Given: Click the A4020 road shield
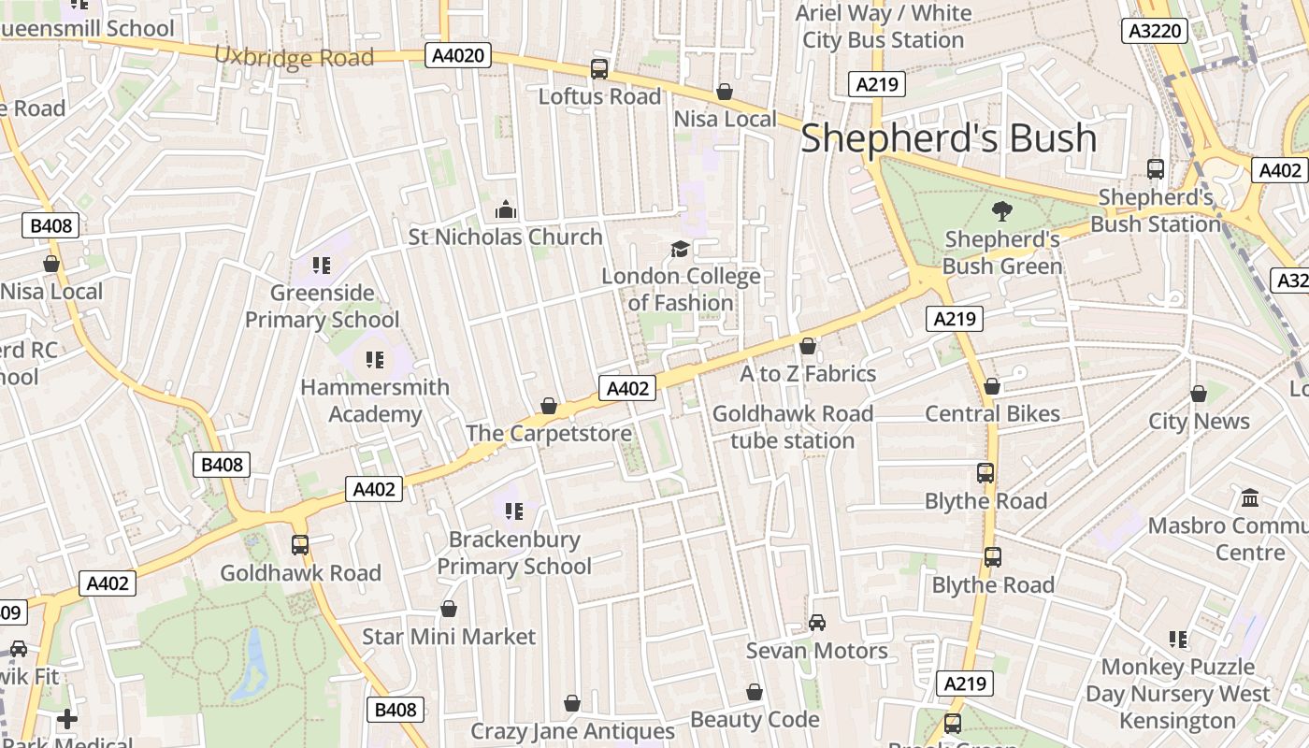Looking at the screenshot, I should [459, 56].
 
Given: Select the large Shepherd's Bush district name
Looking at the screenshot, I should [948, 137].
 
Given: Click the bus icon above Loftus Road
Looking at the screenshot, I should [599, 68].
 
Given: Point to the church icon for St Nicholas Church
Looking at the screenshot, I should [506, 209].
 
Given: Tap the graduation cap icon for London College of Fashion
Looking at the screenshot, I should [680, 249].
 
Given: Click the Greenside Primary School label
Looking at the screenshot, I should [322, 307].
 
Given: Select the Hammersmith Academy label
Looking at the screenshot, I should [375, 400].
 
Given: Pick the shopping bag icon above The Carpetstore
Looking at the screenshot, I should [549, 406].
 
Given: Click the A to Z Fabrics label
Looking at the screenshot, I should [808, 374].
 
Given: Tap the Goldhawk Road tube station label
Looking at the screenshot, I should [793, 427].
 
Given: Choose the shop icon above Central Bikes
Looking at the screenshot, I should [992, 386].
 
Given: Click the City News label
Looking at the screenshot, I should [1199, 421].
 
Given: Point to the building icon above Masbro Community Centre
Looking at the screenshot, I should [1250, 497].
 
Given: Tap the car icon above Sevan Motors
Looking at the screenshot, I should [817, 623].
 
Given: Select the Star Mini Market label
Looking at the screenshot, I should [449, 637].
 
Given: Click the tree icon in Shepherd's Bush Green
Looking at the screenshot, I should [1002, 210].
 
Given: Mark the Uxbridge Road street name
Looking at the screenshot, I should [294, 57].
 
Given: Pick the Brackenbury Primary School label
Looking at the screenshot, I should [513, 553].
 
